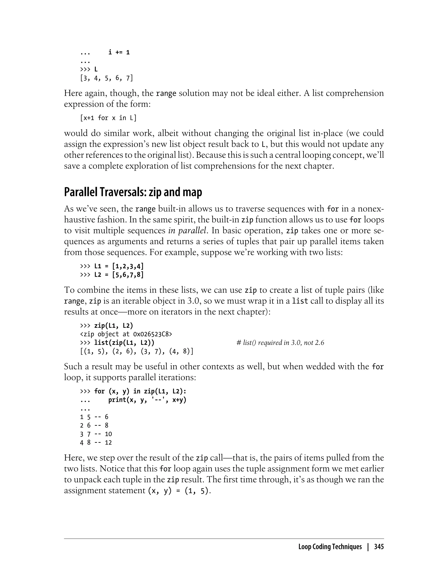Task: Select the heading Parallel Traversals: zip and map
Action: click(133, 192)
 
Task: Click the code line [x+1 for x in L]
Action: click(108, 118)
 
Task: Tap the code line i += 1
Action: click(119, 52)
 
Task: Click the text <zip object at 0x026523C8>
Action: click(126, 334)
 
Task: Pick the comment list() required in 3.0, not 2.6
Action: click(280, 343)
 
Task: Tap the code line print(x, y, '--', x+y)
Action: click(147, 400)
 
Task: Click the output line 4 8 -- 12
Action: click(96, 443)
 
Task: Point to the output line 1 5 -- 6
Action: click(94, 417)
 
